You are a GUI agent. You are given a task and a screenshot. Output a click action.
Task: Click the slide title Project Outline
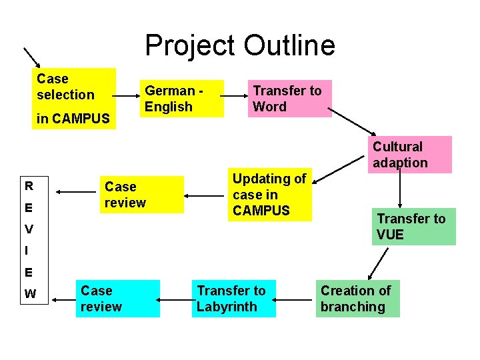click(x=240, y=45)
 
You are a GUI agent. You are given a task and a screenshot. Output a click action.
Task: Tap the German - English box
click(x=181, y=99)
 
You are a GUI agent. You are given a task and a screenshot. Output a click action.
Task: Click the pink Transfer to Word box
click(x=289, y=99)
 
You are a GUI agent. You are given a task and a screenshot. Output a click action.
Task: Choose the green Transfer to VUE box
click(x=414, y=227)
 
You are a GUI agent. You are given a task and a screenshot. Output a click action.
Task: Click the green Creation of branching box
click(x=357, y=299)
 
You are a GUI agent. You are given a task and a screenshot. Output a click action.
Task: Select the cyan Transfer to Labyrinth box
click(x=233, y=299)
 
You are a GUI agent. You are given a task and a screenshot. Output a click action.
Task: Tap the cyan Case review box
click(x=117, y=299)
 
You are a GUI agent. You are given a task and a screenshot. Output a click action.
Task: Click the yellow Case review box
click(x=142, y=195)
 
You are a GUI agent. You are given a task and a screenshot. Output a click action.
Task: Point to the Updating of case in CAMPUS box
click(x=269, y=195)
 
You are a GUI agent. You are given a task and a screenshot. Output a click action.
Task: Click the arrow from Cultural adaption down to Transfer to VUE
click(x=400, y=190)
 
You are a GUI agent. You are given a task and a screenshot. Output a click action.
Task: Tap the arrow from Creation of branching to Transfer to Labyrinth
click(x=295, y=298)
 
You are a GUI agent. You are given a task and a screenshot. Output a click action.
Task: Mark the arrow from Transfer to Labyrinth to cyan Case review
click(x=175, y=298)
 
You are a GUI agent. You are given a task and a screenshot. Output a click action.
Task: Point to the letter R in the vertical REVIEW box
click(x=29, y=185)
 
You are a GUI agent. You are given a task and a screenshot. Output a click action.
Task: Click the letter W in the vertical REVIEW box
click(x=30, y=294)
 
